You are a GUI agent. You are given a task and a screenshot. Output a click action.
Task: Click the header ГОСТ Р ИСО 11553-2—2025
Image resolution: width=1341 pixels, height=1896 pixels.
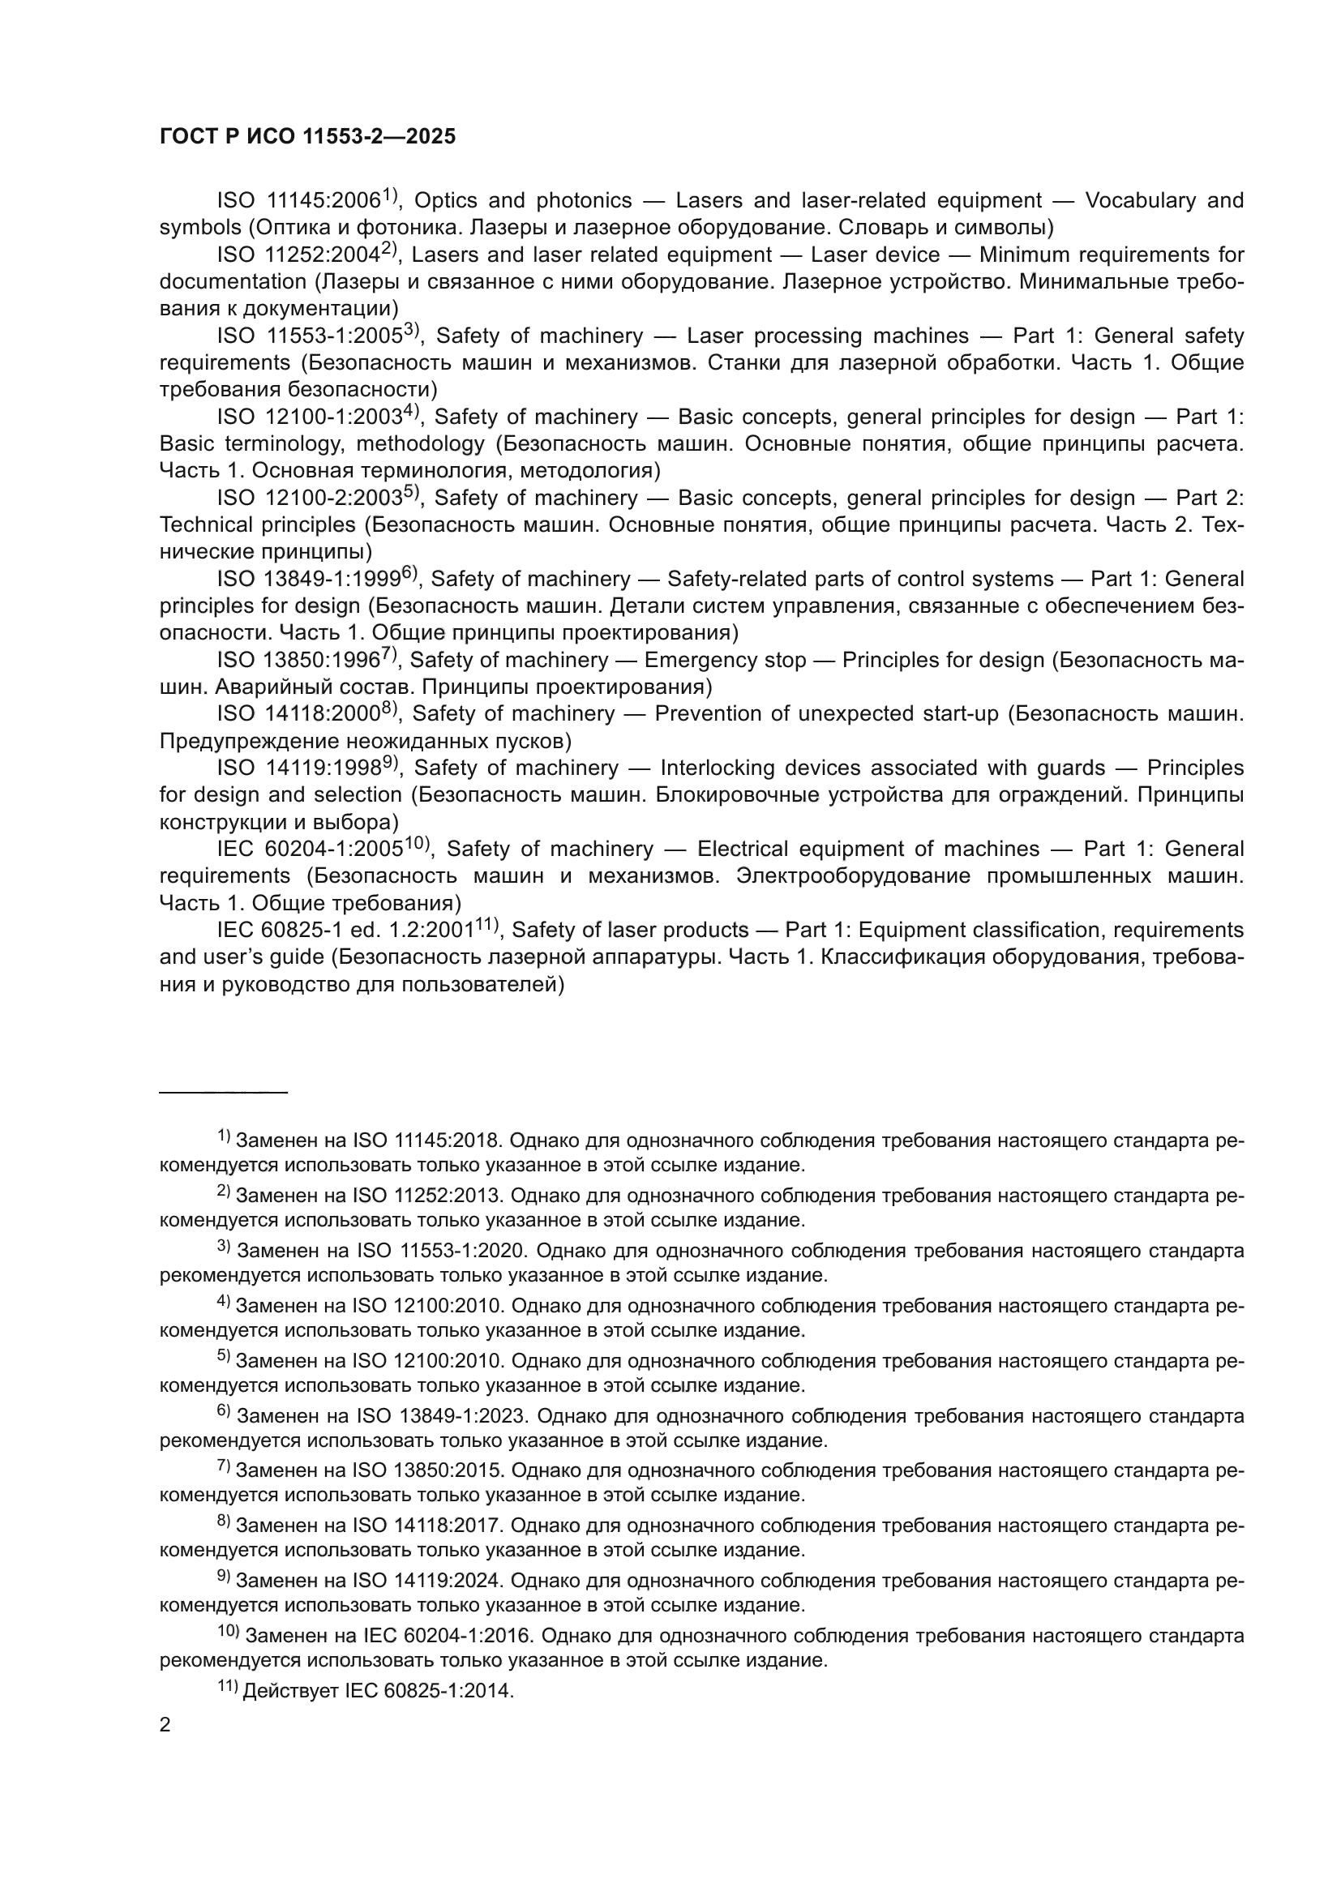point(307,137)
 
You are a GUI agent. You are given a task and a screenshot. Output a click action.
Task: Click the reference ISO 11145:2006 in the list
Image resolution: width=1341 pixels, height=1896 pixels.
point(299,202)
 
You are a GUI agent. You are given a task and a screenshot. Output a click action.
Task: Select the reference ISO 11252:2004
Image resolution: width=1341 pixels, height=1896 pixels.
point(299,255)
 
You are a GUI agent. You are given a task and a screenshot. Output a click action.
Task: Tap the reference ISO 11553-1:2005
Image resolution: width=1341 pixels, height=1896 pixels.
point(310,336)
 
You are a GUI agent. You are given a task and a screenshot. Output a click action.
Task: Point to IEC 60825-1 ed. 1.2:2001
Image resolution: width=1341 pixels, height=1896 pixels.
point(345,931)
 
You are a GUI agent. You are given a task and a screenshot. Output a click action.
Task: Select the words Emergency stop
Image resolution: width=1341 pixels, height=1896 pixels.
point(724,661)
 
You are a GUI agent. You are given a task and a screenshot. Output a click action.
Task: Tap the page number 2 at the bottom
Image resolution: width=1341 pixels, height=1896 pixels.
point(165,1725)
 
